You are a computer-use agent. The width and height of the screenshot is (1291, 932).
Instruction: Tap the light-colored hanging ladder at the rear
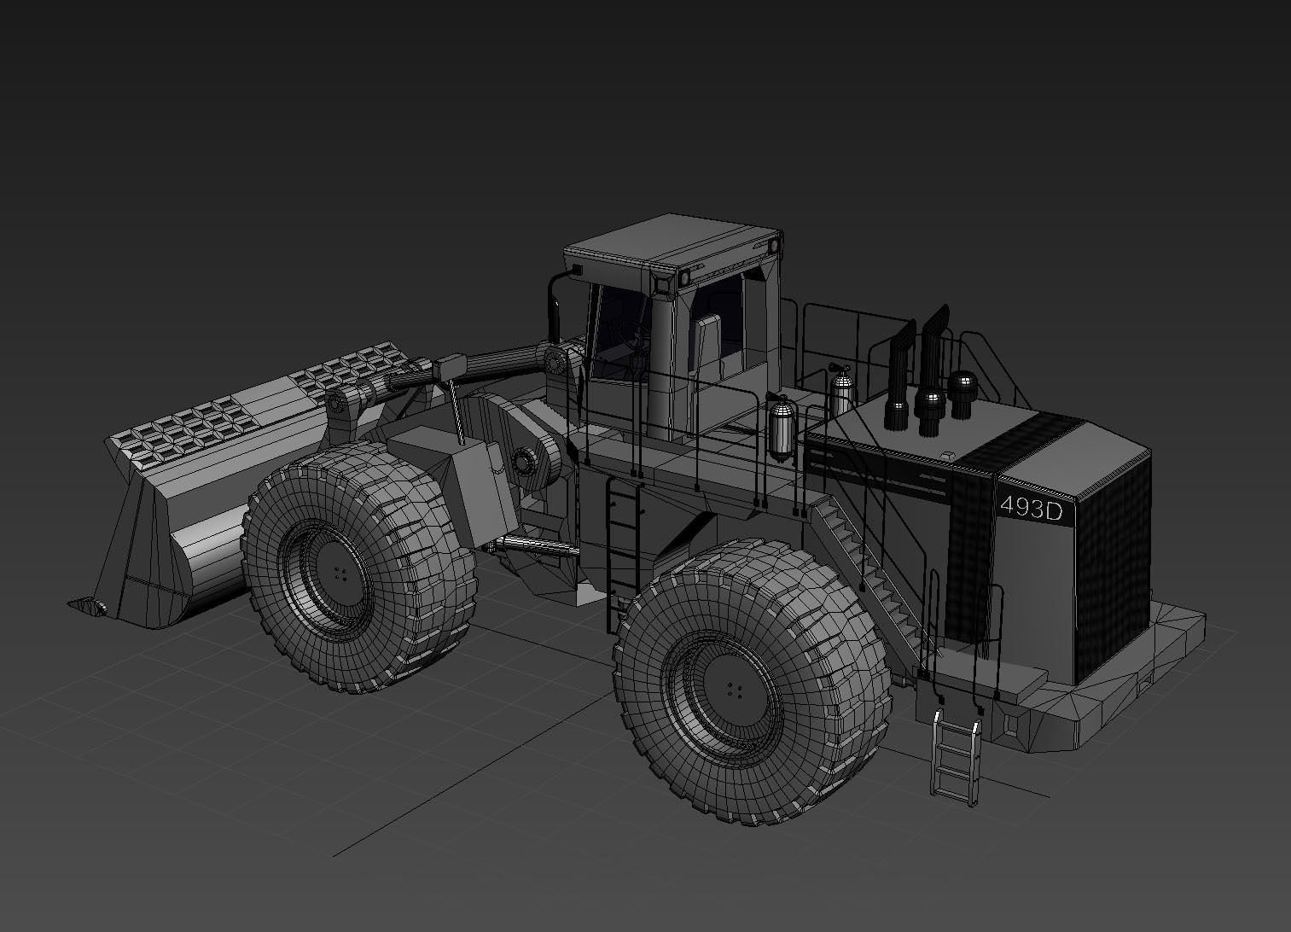coord(956,756)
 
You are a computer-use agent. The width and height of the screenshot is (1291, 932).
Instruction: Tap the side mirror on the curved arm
coord(575,271)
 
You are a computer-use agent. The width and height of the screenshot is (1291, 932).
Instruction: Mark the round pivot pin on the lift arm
coord(555,362)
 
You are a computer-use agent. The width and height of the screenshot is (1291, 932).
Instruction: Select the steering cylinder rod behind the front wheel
coord(529,544)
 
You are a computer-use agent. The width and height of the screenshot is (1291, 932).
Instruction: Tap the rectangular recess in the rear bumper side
coord(1012,725)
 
